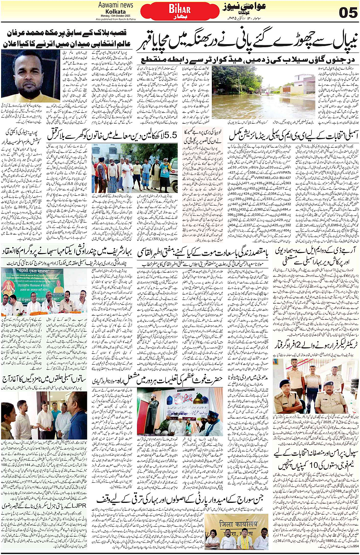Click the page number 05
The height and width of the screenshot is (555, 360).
(348, 12)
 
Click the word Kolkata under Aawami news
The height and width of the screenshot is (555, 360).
(115, 11)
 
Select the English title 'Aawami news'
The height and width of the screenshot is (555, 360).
(115, 5)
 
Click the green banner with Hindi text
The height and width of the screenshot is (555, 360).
(32, 283)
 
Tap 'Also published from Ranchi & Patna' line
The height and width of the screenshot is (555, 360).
(115, 19)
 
